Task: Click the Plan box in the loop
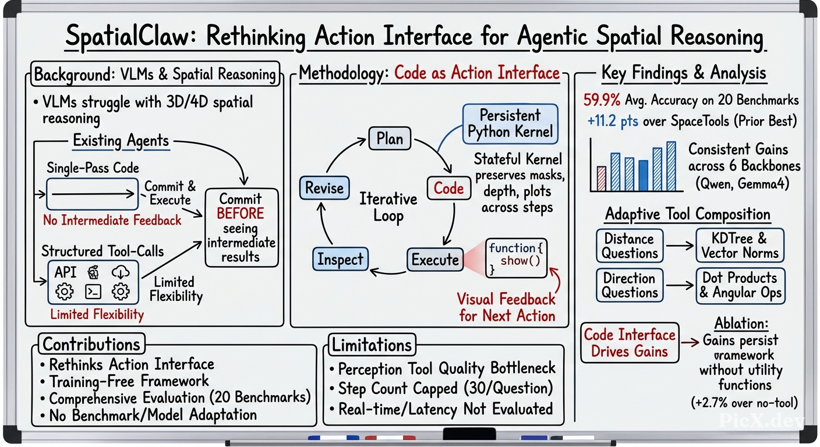[x=390, y=139]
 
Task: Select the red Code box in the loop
[x=449, y=189]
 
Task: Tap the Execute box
[x=435, y=260]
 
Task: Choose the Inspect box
[x=340, y=259]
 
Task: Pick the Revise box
[x=324, y=188]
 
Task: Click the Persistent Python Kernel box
[x=510, y=123]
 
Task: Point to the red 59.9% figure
[x=602, y=100]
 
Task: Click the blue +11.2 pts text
[x=613, y=120]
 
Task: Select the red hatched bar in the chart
[x=602, y=179]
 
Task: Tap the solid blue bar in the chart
[x=643, y=176]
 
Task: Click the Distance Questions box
[x=630, y=246]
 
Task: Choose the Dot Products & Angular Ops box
[x=740, y=286]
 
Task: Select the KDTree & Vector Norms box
[x=740, y=246]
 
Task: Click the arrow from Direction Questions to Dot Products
[x=680, y=285]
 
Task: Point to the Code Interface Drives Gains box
[x=630, y=343]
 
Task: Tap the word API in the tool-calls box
[x=66, y=272]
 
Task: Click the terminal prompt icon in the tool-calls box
[x=93, y=292]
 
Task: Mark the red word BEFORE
[x=240, y=213]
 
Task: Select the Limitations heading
[x=372, y=345]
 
